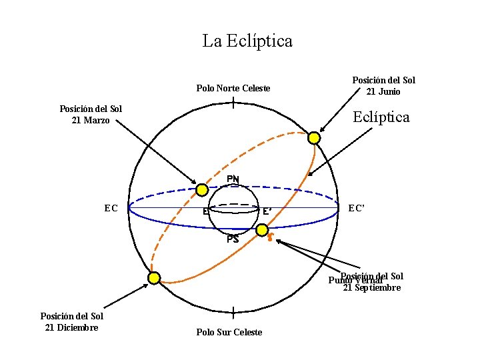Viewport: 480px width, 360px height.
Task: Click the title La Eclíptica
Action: pyautogui.click(x=247, y=41)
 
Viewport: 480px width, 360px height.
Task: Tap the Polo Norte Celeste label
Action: pyautogui.click(x=233, y=88)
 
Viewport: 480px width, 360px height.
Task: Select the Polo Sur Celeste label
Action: pyautogui.click(x=229, y=332)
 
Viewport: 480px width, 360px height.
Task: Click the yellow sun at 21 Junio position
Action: pyautogui.click(x=314, y=138)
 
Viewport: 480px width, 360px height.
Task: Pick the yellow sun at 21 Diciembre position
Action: pyautogui.click(x=154, y=278)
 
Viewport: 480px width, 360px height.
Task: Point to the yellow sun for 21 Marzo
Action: pyautogui.click(x=202, y=189)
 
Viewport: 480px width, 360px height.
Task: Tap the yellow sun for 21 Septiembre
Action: pyautogui.click(x=262, y=230)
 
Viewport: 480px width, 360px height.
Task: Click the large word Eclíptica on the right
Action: pyautogui.click(x=381, y=117)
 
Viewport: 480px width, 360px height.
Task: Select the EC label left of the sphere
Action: pyautogui.click(x=111, y=208)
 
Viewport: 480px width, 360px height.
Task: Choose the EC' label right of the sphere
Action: pyautogui.click(x=357, y=208)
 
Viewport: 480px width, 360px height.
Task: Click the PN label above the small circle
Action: pyautogui.click(x=233, y=179)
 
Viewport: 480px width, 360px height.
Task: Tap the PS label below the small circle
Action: pyautogui.click(x=233, y=239)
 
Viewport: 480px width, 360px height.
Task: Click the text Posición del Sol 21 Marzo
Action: pyautogui.click(x=91, y=115)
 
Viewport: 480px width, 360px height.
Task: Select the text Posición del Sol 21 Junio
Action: pyautogui.click(x=383, y=86)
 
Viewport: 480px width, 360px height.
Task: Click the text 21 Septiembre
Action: pyautogui.click(x=372, y=288)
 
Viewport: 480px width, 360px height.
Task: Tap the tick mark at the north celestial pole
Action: pyautogui.click(x=233, y=103)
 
